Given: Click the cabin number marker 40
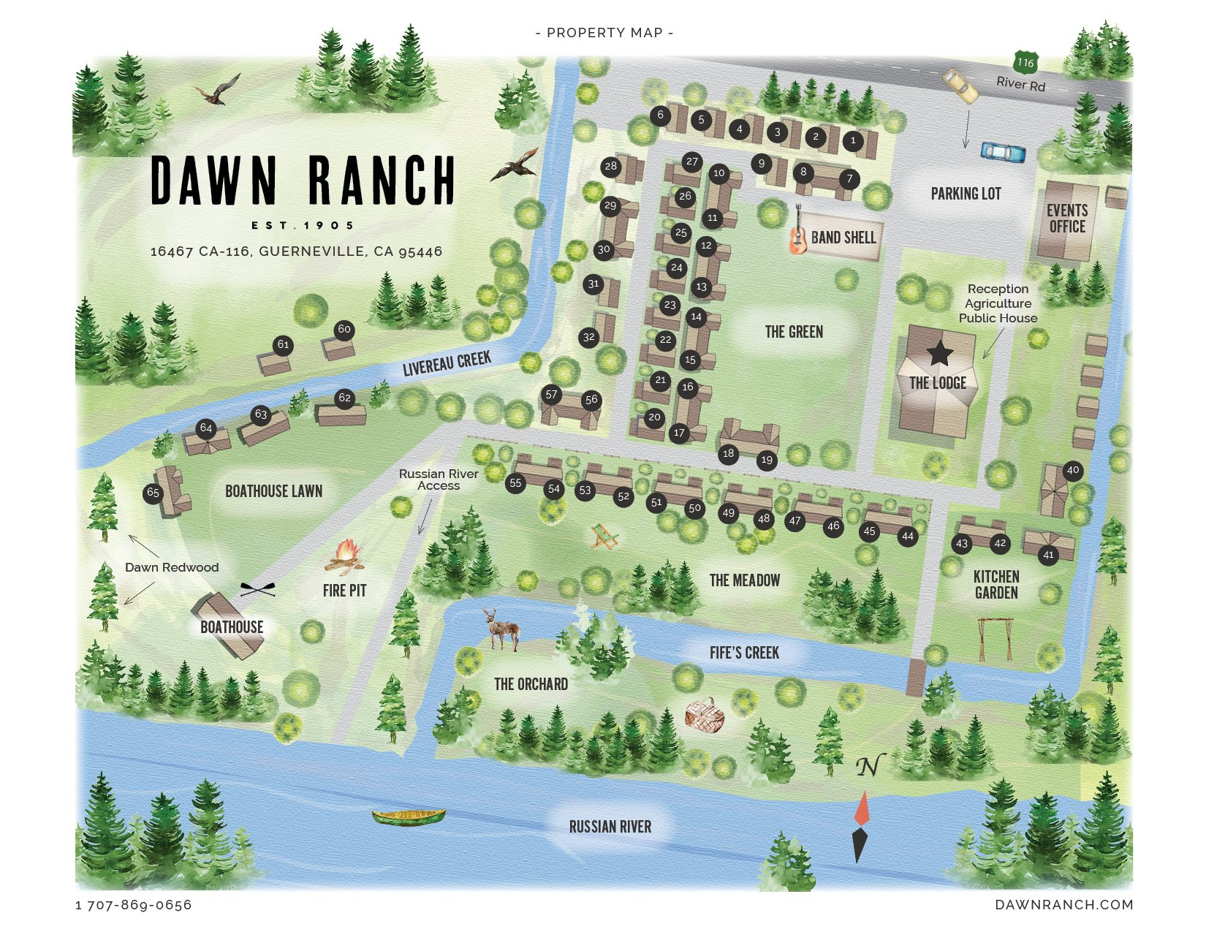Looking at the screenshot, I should (x=1072, y=470).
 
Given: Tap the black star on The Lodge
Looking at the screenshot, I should (x=940, y=353).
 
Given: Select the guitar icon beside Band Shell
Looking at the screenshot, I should (x=797, y=233).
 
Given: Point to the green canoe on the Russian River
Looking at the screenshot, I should (x=409, y=816).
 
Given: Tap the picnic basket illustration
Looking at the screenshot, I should (x=705, y=715).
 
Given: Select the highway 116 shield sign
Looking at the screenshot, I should (x=1026, y=62).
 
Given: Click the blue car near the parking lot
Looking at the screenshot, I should (x=1003, y=151).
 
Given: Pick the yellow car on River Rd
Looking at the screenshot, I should (x=960, y=86).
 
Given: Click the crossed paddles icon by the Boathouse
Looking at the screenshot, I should (x=258, y=588).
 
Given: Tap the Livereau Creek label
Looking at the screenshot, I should (x=447, y=363).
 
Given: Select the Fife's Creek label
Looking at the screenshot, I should (x=744, y=653).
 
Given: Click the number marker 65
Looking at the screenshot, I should (x=153, y=492).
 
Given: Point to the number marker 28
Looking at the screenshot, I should (x=610, y=166).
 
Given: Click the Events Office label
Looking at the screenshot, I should (x=1067, y=219).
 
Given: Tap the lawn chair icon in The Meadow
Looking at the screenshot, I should (x=604, y=537).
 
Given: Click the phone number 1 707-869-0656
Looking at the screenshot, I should (x=134, y=905).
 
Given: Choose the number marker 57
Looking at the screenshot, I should (x=551, y=395).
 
